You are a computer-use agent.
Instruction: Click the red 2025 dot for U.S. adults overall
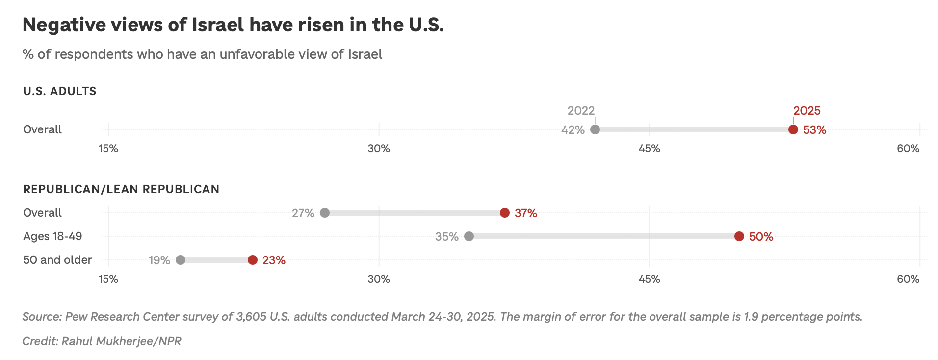click(793, 129)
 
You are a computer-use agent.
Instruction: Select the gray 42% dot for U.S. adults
click(595, 129)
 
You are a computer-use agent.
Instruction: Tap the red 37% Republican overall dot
click(504, 213)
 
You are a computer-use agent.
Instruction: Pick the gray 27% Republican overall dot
click(324, 213)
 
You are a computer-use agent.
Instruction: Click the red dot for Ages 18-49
click(739, 236)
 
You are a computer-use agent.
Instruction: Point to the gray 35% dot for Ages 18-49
click(469, 236)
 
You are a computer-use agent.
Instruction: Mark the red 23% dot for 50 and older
click(252, 260)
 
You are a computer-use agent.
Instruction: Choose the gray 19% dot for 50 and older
click(180, 260)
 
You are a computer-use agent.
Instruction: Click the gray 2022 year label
click(581, 111)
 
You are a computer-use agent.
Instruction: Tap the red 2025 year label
click(807, 111)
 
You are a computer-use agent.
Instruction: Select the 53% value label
click(814, 130)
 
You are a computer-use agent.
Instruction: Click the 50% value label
click(761, 237)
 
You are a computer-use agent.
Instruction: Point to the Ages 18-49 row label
click(52, 236)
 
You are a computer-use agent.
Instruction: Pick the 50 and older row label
click(57, 260)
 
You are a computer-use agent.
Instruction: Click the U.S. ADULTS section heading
click(60, 91)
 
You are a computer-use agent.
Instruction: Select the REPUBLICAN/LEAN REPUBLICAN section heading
click(121, 189)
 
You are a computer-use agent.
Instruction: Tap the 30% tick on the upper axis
click(379, 148)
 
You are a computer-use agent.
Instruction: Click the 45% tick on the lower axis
click(649, 279)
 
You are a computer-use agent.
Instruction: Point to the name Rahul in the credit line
click(77, 341)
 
